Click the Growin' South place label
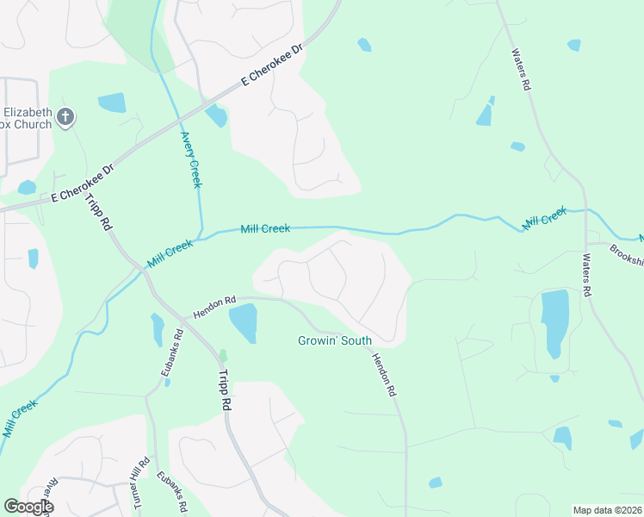click(x=335, y=341)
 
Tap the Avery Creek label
click(x=191, y=159)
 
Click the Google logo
click(x=28, y=507)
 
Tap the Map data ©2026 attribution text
click(x=607, y=510)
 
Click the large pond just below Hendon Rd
click(x=243, y=322)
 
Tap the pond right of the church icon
click(x=112, y=103)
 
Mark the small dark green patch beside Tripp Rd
click(x=223, y=355)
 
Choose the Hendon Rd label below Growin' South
click(x=384, y=374)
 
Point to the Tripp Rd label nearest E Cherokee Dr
click(x=100, y=211)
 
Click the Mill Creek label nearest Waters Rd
click(x=544, y=216)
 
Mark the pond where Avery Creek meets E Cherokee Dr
click(x=217, y=115)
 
